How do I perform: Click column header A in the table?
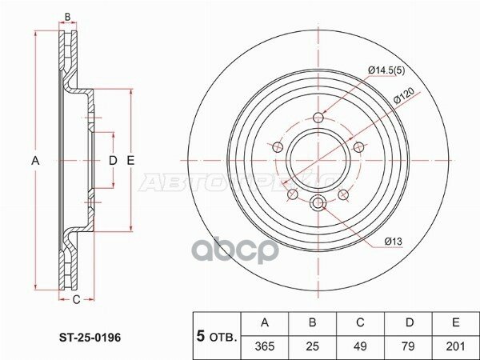click(x=266, y=323)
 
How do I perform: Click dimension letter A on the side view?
click(x=35, y=162)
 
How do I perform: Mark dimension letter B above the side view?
click(x=68, y=17)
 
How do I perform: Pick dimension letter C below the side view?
click(x=76, y=300)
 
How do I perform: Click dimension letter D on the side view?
click(x=113, y=162)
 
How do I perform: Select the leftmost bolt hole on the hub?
click(x=278, y=146)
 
